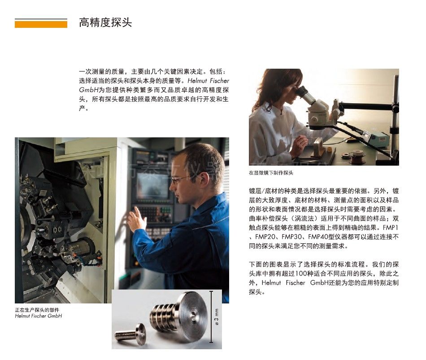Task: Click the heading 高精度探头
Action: pos(105,22)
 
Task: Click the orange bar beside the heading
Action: pos(41,24)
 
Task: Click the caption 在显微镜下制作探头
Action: pos(271,173)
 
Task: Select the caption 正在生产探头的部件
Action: pos(37,310)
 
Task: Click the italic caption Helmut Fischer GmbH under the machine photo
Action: pos(38,316)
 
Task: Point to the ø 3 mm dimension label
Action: pos(217,317)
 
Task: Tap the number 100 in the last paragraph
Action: pos(301,273)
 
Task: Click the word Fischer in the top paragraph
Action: pos(218,81)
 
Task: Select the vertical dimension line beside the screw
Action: pos(211,317)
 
